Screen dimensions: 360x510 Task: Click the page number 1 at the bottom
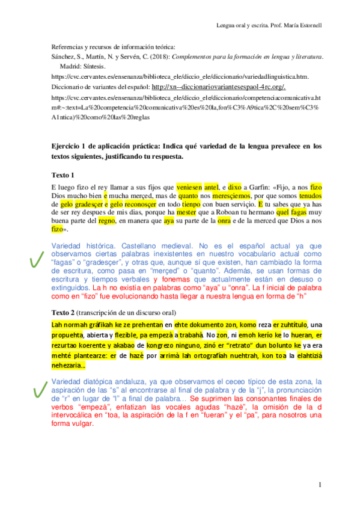pos(320,485)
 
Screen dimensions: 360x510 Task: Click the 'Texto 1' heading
pos(64,175)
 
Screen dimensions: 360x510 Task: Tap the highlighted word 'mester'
pos(187,212)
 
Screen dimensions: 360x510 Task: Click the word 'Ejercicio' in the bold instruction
pos(67,146)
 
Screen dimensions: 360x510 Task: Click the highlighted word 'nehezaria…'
pos(69,365)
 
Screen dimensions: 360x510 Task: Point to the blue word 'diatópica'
pos(102,382)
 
